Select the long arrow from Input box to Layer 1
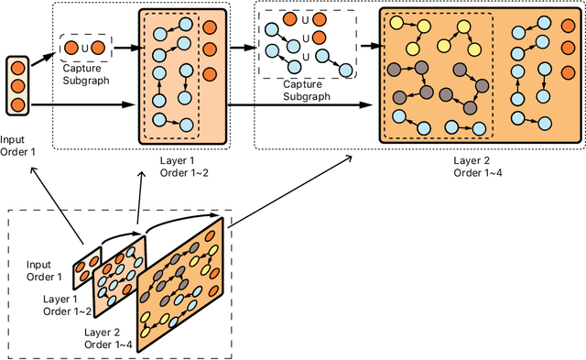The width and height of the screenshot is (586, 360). [x=82, y=108]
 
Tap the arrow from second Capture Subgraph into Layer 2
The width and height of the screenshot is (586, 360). [x=366, y=43]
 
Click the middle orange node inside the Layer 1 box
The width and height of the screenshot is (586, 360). [x=210, y=47]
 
